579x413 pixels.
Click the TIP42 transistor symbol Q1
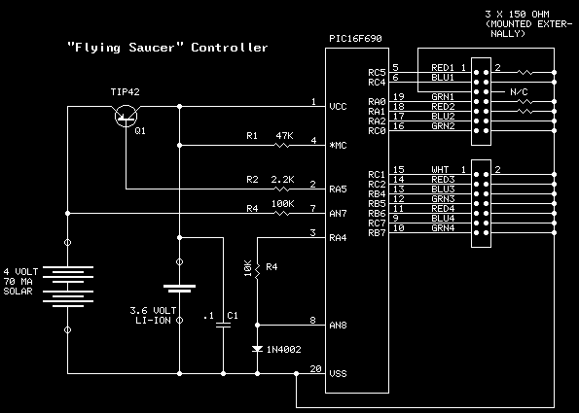(126, 117)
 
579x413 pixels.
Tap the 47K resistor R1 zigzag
(282, 146)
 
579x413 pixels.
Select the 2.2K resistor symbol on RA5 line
(282, 189)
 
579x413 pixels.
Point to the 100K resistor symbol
(282, 213)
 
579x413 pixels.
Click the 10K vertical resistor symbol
(257, 270)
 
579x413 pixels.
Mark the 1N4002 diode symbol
(257, 349)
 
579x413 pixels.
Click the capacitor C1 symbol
(223, 325)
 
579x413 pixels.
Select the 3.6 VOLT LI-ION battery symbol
(179, 289)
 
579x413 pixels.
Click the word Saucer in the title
(152, 48)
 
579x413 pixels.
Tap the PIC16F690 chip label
(355, 39)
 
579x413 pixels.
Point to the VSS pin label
(338, 373)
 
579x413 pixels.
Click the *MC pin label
(338, 146)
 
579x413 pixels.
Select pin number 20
(315, 368)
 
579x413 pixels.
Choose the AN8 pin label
(338, 326)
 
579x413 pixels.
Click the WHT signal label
(440, 170)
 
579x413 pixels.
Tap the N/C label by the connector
(519, 91)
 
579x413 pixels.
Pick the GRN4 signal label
(443, 228)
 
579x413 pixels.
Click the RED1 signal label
(443, 67)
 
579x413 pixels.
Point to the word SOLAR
(18, 291)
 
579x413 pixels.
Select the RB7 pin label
(377, 233)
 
